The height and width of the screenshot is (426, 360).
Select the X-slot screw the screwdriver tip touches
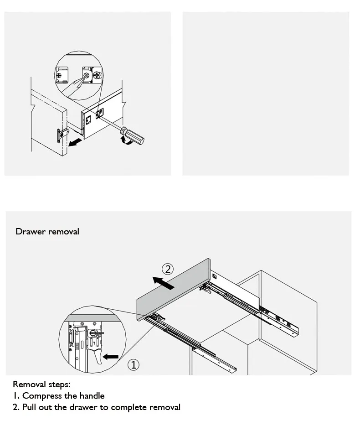coord(86,75)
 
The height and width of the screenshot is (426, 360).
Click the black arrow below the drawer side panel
coord(75,142)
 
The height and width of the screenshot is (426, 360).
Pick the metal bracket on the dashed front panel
coord(62,135)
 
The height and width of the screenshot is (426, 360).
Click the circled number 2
coord(168,269)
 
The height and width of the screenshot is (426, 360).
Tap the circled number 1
coord(134,364)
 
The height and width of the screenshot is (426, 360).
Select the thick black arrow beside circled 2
coord(164,283)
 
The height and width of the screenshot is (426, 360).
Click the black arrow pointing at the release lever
coord(110,357)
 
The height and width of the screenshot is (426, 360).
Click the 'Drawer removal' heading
coord(47,232)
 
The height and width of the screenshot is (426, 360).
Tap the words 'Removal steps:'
coord(41,384)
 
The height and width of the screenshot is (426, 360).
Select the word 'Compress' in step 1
coord(42,396)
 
